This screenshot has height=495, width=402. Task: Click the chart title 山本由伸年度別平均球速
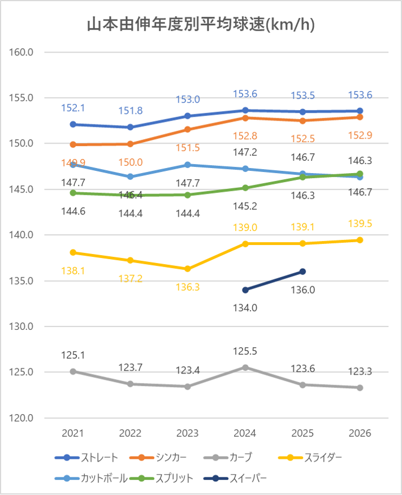click(201, 25)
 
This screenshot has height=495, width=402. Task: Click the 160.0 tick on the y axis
click(23, 52)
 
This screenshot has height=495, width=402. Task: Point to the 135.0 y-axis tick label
click(23, 281)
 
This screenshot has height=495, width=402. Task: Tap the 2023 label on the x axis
click(188, 433)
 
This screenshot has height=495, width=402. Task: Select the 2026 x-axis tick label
click(360, 433)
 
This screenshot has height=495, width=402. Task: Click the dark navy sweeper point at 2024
click(245, 290)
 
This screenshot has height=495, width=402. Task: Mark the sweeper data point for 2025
click(302, 272)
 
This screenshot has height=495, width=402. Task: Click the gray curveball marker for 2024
click(245, 367)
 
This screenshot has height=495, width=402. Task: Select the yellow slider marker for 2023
click(188, 269)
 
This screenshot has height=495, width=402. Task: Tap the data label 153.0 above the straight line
click(188, 100)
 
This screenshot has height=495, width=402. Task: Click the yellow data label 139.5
click(360, 223)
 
